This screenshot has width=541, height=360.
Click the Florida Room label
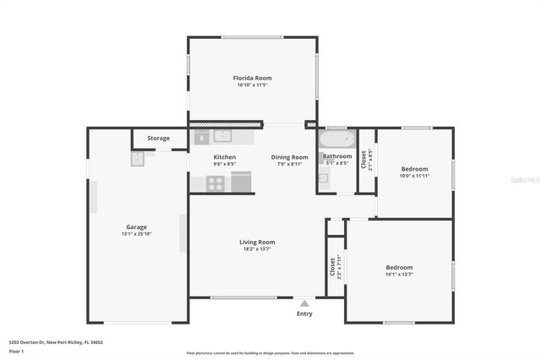coord(253,78)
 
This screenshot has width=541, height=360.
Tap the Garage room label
coord(136,226)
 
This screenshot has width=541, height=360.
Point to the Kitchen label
coord(224,157)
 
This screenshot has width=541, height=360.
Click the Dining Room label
coord(289,157)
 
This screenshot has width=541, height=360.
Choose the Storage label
coord(158,138)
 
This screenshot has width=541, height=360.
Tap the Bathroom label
coord(337,156)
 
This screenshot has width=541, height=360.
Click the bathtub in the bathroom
coord(336,138)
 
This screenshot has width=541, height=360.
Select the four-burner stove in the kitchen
coord(216,182)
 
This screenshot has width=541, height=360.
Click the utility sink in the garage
coord(138,158)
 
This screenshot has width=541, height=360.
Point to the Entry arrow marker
coord(304,302)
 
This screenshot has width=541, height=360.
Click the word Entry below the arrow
coord(304,314)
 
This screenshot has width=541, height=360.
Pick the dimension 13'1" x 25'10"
coord(136,234)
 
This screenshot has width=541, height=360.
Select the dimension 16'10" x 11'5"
coord(253,85)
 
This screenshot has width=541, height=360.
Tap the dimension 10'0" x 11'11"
coord(414,176)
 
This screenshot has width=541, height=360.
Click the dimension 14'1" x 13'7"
coord(398,275)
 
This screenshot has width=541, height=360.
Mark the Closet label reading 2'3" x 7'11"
coord(335,267)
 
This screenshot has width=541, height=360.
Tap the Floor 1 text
coord(16,351)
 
